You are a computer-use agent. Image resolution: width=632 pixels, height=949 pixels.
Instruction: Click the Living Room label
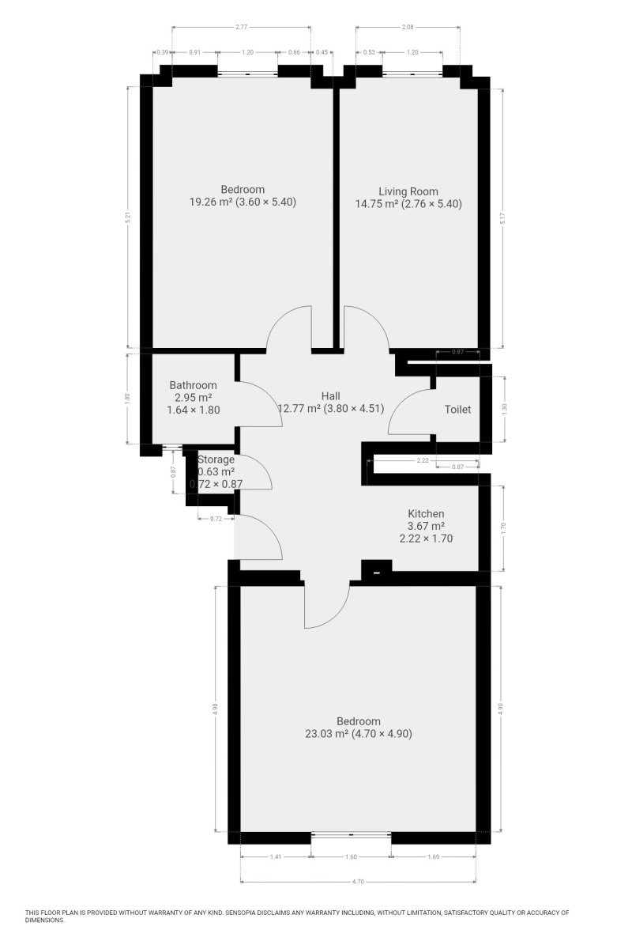pos(408,191)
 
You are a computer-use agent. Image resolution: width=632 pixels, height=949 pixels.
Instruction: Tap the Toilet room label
pos(457,410)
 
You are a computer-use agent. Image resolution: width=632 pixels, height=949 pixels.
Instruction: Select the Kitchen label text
pos(426,513)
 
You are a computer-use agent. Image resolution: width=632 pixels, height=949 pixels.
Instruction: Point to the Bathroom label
pos(193,385)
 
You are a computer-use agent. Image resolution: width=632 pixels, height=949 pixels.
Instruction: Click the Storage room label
pos(216,459)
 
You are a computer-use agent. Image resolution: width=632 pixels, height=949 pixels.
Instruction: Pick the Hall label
pos(330,396)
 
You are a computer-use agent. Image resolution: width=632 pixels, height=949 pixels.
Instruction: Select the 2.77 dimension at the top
pos(241,27)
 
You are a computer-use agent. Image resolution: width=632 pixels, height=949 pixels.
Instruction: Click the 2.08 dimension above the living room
pos(408,27)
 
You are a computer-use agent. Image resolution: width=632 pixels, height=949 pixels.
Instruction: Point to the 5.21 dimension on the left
pos(129,217)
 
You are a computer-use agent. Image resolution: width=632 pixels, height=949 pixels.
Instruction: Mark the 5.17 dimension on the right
pos(502,217)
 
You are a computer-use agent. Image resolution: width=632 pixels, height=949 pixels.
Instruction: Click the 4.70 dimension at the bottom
pos(358,882)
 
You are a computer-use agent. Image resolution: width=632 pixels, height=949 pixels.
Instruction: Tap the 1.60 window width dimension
pos(351,856)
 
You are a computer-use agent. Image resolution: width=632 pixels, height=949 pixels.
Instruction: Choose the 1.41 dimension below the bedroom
pos(275,856)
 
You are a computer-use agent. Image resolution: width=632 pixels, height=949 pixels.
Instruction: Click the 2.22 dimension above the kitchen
pos(423,460)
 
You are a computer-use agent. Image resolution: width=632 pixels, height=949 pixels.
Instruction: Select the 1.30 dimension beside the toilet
pos(504,409)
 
